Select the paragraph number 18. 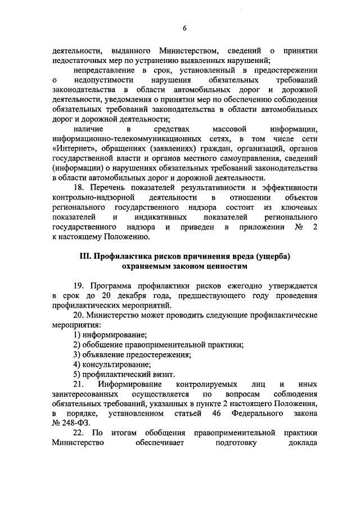[80, 188]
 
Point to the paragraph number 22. [80, 433]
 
